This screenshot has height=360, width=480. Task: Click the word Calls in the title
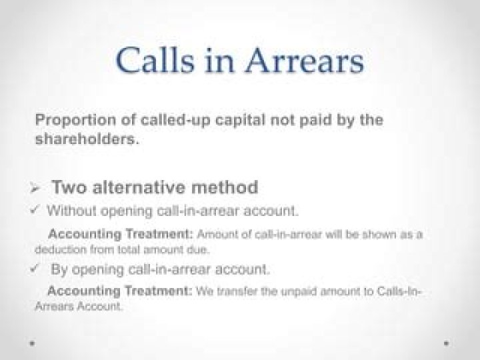pos(155,60)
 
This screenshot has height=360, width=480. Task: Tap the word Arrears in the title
pos(305,60)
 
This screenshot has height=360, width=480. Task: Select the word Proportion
pos(75,120)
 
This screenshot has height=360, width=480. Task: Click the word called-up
pos(176,120)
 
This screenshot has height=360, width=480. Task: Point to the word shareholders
pos(87,139)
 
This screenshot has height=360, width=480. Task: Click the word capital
pos(240,120)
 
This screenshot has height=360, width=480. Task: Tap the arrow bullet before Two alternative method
pos(35,187)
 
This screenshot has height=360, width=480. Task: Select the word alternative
pos(139,187)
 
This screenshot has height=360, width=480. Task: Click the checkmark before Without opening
pos(34,210)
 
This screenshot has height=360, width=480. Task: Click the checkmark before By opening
pos(34,269)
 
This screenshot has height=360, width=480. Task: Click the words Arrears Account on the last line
pos(79,306)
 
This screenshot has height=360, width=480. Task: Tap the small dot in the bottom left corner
pos(32,343)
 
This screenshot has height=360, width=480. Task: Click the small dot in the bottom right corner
pos(446,343)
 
